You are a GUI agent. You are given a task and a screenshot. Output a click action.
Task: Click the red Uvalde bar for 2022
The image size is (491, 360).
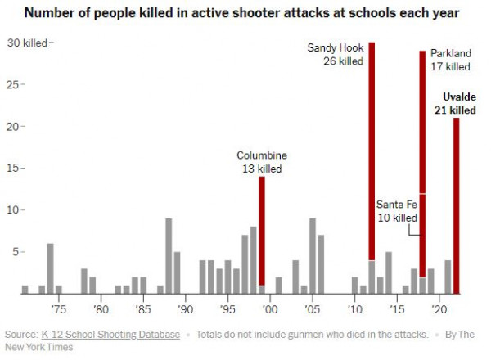pos(456,205)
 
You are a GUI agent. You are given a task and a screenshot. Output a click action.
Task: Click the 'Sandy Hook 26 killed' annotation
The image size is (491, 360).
pos(335,55)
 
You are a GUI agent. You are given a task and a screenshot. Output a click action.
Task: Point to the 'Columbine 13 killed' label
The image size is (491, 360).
pos(262,162)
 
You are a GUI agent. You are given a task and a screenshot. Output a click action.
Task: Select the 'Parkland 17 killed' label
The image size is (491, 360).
pos(451,60)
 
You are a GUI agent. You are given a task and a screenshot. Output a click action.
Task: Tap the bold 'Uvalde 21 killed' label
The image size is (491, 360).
pos(453,104)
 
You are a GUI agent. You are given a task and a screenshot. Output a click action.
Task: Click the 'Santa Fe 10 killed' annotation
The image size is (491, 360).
pos(396,211)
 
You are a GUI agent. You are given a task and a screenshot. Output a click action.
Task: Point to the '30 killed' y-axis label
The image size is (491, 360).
pos(26,43)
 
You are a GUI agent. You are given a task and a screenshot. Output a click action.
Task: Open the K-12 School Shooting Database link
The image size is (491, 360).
pos(110,334)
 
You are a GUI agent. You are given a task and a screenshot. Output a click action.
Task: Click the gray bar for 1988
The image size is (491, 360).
pos(169,255)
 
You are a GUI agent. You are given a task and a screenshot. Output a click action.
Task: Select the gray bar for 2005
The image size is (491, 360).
pos(313,255)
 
